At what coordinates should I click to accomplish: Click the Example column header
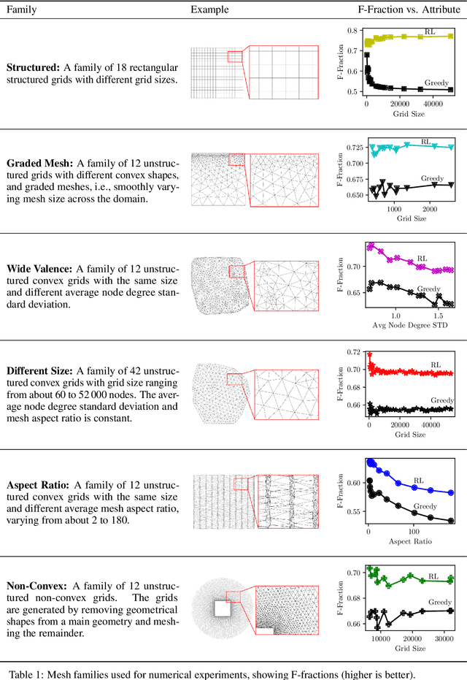click(x=209, y=9)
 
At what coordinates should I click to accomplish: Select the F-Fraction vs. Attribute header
click(x=404, y=9)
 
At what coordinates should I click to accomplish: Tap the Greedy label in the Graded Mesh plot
click(x=432, y=177)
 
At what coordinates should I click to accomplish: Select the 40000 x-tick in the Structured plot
click(x=435, y=104)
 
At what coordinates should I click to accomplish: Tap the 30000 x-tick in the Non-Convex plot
click(x=445, y=638)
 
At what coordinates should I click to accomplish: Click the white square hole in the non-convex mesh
click(x=223, y=608)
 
